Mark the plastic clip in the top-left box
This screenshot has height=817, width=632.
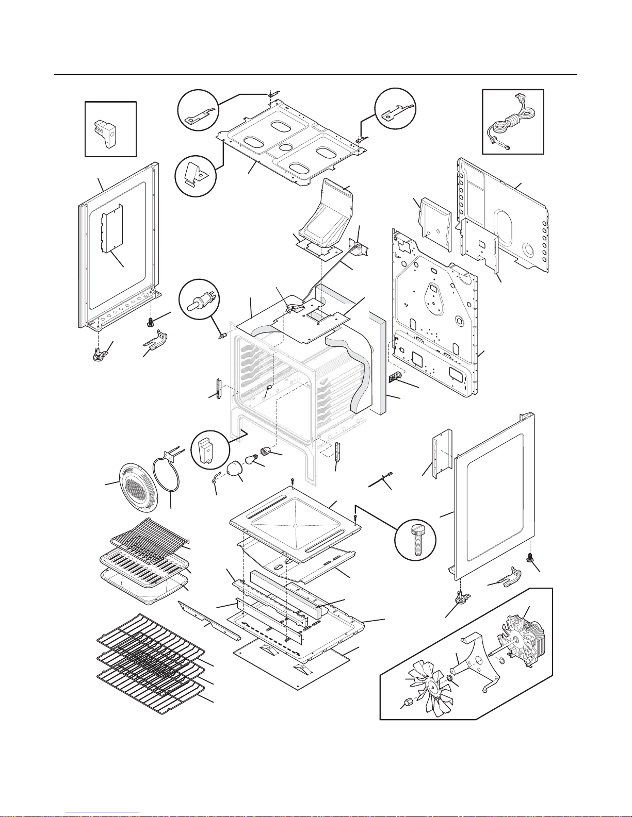pos(108,131)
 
